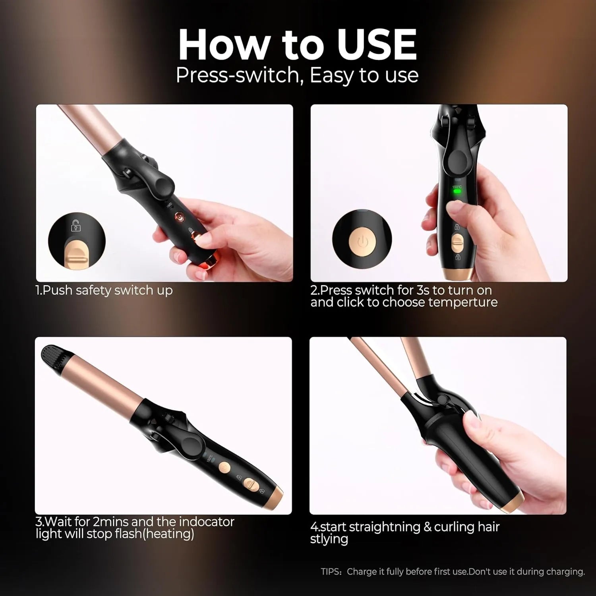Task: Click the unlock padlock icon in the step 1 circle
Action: click(x=75, y=226)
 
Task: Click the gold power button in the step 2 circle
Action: click(x=362, y=241)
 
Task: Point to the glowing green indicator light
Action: click(x=457, y=191)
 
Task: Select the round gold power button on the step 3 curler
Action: click(x=224, y=468)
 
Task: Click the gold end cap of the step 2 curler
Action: click(x=458, y=274)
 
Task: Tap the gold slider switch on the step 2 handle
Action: click(x=458, y=243)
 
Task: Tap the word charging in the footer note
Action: click(x=566, y=572)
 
